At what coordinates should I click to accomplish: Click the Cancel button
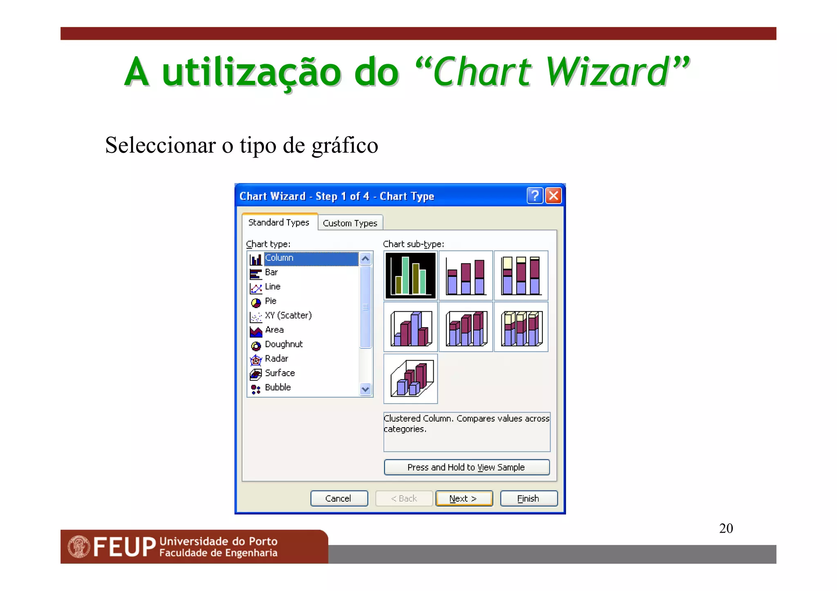point(339,498)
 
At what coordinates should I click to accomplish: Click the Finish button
point(528,498)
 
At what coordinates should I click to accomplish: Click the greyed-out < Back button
point(404,498)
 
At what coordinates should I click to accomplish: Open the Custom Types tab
point(350,223)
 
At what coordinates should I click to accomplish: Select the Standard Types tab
point(279,222)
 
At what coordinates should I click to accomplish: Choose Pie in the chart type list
point(271,301)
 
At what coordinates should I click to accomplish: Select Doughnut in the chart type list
point(284,344)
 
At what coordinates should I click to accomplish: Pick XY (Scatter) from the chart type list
point(288,315)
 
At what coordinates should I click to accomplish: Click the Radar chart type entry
point(276,358)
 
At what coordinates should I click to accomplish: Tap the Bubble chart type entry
point(278,387)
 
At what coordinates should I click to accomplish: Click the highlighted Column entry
point(279,258)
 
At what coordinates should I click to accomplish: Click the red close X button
point(553,196)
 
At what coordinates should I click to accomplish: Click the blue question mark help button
point(535,196)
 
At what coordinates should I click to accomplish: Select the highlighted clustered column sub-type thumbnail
point(410,275)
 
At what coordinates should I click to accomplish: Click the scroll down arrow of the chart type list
point(365,389)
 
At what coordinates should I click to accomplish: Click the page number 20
point(726,528)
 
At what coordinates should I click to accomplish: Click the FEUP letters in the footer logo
point(125,546)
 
